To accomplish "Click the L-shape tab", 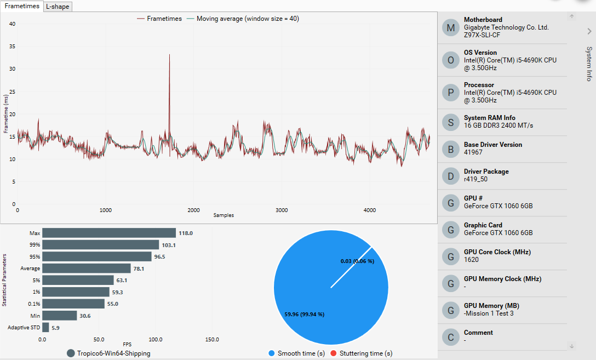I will tap(57, 7).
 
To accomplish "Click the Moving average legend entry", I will tap(247, 19).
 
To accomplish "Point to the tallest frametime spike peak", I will tap(169, 55).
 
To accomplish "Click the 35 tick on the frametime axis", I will tap(12, 47).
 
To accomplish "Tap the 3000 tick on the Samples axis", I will tap(282, 210).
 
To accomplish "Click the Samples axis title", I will tap(224, 215).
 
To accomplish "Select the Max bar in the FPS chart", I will tap(109, 233).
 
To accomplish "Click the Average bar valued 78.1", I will tap(87, 268).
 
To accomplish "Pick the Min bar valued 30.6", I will tap(60, 316).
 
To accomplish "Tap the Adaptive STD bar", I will tap(45, 328).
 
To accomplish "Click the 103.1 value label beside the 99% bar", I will tap(169, 245).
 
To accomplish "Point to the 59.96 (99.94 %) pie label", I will tap(305, 315).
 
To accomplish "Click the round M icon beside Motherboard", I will tap(450, 27).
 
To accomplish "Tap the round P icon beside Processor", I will tap(450, 93).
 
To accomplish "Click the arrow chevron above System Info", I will tap(589, 31).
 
